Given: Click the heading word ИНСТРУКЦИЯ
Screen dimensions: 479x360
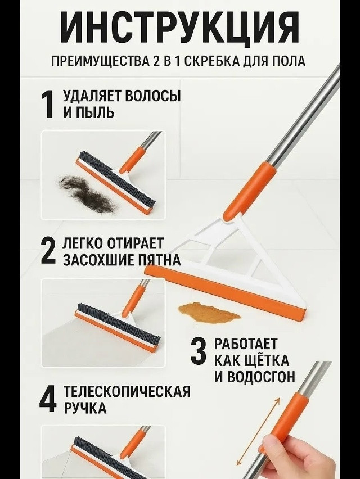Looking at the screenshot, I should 179,27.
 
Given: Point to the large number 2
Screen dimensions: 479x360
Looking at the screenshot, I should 49,251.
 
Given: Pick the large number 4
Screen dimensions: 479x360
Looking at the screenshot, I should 48,398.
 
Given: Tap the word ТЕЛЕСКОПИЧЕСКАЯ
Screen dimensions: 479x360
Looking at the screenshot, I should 127,391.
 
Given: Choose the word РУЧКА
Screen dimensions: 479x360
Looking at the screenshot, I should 85,408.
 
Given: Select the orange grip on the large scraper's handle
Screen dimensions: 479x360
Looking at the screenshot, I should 250,191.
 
